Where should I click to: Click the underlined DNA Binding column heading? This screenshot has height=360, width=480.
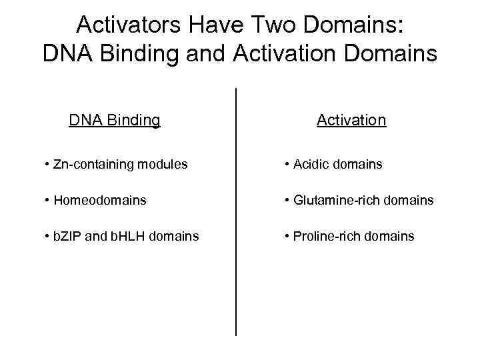(115, 120)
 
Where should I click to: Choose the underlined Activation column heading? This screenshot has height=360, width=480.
(351, 120)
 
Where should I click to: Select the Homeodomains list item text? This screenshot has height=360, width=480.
(100, 200)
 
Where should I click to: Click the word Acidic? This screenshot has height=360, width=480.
(313, 164)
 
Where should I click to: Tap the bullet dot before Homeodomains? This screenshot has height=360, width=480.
(48, 200)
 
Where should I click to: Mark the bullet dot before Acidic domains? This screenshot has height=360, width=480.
(287, 164)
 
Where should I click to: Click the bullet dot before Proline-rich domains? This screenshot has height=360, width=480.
(287, 236)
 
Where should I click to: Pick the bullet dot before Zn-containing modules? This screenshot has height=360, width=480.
(48, 164)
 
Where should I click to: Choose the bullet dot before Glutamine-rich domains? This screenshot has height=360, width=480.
(287, 200)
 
